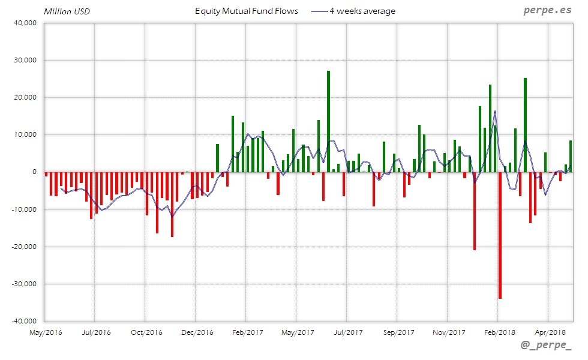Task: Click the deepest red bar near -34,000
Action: point(500,235)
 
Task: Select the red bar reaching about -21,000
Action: point(475,211)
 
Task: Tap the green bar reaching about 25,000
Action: point(525,125)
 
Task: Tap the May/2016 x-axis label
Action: point(46,332)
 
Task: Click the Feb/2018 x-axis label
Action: point(499,332)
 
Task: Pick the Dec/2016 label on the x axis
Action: point(197,332)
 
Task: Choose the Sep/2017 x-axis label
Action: point(398,332)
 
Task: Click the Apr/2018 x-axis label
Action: point(550,332)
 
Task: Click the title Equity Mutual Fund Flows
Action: point(247,11)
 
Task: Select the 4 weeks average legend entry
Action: point(354,11)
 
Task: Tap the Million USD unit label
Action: point(67,11)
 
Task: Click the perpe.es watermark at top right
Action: point(547,10)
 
